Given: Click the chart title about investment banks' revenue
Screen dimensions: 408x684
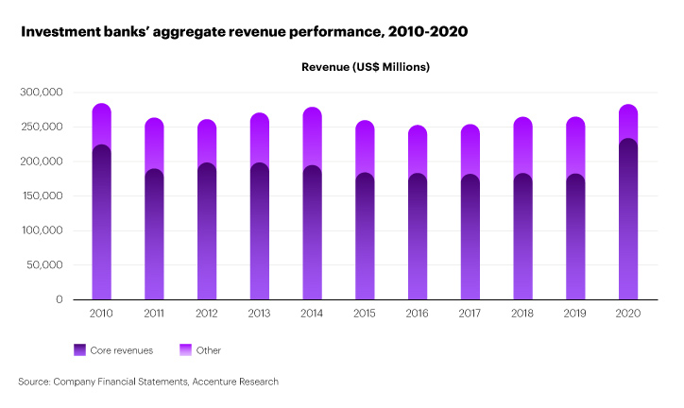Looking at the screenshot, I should [244, 32].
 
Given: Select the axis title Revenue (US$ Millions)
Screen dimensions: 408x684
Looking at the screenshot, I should [366, 67].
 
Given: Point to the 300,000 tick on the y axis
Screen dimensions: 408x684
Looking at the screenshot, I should [40, 93].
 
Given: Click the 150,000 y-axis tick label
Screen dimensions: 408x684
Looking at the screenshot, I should [40, 195].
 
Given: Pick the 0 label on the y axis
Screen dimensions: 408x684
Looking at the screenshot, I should [59, 299].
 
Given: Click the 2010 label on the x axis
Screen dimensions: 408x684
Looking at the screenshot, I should [101, 313].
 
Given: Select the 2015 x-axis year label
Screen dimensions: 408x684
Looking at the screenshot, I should [365, 313].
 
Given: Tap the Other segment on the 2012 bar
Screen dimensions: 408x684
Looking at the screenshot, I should [207, 142].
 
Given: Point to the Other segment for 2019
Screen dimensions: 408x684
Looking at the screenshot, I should [575, 145].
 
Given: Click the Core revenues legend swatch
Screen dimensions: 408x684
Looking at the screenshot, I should [79, 350].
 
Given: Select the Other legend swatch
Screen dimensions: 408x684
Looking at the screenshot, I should [185, 350].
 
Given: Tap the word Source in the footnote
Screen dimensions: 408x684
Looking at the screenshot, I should [34, 382].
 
